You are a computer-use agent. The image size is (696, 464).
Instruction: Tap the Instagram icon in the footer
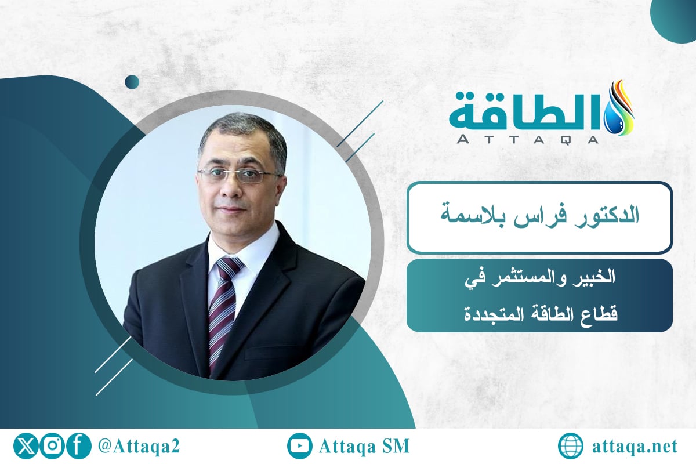(52, 446)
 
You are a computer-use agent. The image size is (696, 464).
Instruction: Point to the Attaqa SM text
(364, 447)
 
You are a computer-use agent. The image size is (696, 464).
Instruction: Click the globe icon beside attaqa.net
(571, 447)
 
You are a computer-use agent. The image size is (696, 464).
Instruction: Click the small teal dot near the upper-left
(132, 82)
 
